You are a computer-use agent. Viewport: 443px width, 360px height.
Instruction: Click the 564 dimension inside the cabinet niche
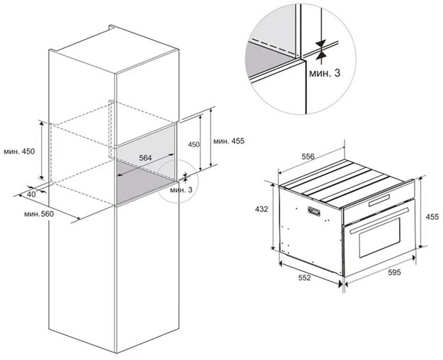click(x=145, y=158)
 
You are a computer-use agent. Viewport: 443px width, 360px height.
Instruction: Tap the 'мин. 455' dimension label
click(x=229, y=141)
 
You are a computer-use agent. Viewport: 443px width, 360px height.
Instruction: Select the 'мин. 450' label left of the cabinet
click(x=19, y=151)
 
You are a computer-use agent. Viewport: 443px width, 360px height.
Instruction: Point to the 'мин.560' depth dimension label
click(x=39, y=214)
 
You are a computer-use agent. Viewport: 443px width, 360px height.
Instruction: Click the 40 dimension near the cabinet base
click(x=32, y=194)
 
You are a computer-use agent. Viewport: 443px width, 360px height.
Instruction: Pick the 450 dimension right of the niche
click(x=194, y=145)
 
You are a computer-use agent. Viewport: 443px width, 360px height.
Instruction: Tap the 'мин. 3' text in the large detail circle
click(x=325, y=73)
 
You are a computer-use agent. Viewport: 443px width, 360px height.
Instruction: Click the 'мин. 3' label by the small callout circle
click(x=181, y=190)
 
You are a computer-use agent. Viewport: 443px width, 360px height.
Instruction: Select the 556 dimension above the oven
click(x=308, y=157)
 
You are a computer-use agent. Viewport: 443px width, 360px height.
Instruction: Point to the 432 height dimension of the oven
click(x=262, y=209)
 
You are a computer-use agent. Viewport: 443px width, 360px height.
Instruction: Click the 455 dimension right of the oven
click(x=432, y=217)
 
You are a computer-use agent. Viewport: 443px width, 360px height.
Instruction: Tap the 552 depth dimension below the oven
click(x=305, y=278)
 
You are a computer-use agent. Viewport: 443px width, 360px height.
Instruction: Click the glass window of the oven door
click(x=380, y=237)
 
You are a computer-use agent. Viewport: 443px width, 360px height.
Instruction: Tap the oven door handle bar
click(x=379, y=220)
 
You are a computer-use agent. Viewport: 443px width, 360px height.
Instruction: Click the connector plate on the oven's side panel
click(x=314, y=211)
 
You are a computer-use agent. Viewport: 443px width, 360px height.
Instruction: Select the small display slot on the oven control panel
click(x=379, y=200)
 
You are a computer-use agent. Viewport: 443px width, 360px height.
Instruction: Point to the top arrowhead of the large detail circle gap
click(x=320, y=44)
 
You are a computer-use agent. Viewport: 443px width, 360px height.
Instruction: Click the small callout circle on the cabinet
click(x=179, y=181)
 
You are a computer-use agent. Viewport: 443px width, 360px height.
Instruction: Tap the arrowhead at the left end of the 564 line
click(x=120, y=174)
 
